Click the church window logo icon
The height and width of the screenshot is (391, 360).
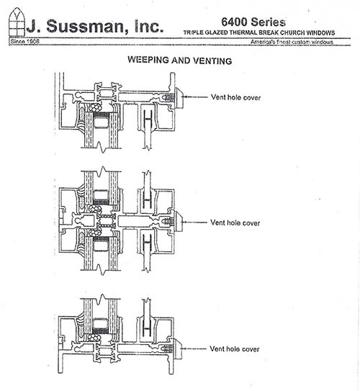point(17,23)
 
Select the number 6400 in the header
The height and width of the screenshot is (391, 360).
point(234,22)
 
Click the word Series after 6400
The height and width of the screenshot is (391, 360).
point(268,22)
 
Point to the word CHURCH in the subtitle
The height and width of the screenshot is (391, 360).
point(292,32)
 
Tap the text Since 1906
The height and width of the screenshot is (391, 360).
point(24,41)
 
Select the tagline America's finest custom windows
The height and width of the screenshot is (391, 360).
point(292,42)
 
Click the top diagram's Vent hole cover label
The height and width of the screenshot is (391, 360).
point(235,97)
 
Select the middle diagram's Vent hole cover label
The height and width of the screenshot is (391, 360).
point(235,223)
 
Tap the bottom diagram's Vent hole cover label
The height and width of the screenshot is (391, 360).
point(234,349)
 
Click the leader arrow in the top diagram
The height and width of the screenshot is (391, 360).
point(195,96)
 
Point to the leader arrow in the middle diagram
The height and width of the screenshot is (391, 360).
point(194,222)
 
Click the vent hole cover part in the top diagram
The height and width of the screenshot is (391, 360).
point(179,98)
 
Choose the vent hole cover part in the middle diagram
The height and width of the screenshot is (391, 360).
point(179,222)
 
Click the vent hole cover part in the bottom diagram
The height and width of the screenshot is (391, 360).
point(178,349)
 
